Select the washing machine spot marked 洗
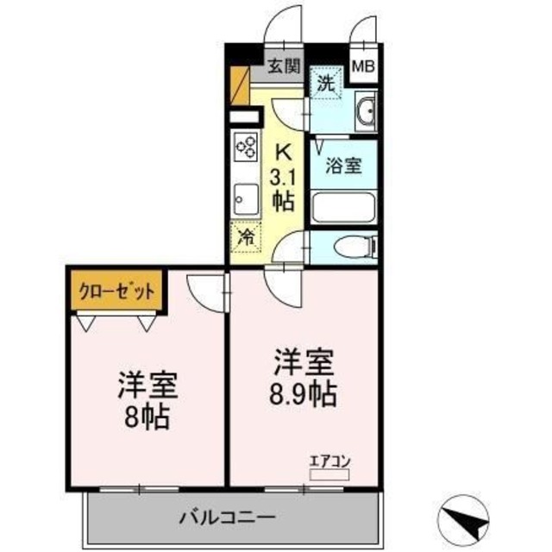(326, 85)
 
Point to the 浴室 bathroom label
(343, 166)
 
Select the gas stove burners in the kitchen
(244, 147)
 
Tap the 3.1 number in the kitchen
(282, 179)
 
